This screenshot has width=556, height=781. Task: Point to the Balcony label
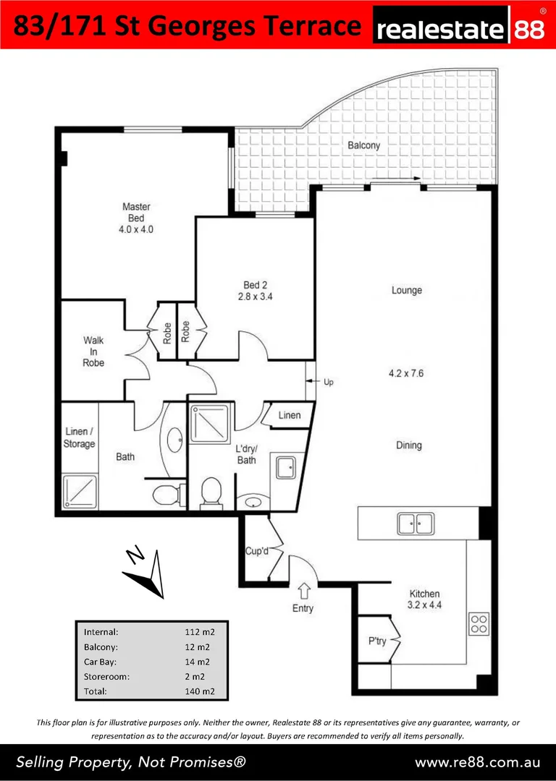(363, 145)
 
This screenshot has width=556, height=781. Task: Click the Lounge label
(406, 290)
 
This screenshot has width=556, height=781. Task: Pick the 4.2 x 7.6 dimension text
(407, 374)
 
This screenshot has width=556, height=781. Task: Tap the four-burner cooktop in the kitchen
(479, 623)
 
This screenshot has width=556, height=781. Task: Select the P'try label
(377, 641)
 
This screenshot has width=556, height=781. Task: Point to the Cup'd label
(257, 552)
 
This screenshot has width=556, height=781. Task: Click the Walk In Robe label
(93, 351)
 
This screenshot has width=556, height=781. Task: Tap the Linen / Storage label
(79, 438)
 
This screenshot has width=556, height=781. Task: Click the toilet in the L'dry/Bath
(210, 492)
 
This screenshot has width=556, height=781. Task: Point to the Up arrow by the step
(311, 382)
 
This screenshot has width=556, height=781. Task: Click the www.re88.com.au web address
(477, 762)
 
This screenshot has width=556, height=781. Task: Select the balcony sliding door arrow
(396, 179)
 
